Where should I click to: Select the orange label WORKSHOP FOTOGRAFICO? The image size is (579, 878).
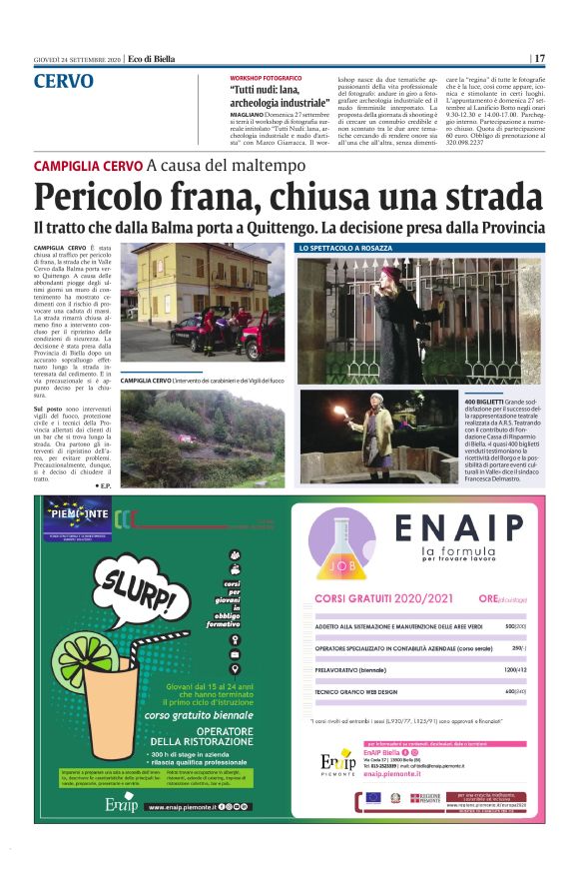coord(266,77)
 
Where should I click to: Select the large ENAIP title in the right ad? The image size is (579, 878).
coord(458,526)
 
